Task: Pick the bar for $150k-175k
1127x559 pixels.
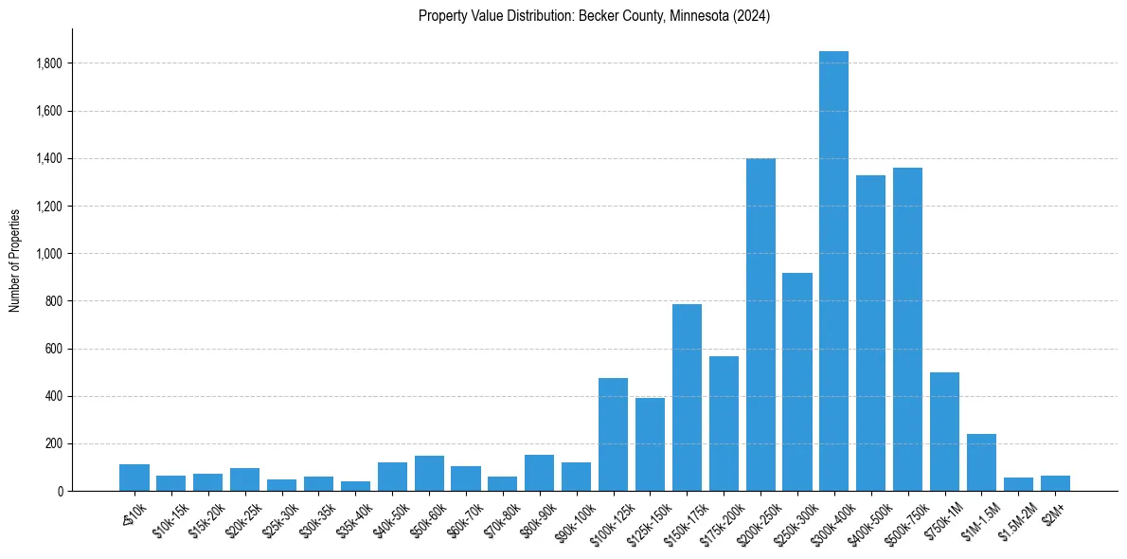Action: [687, 398]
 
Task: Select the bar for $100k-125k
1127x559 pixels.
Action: [613, 435]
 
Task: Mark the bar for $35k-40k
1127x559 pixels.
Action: [355, 486]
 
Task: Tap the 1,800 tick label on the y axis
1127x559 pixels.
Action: [49, 63]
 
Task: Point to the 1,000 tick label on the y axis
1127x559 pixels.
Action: [49, 254]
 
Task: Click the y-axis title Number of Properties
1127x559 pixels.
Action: [14, 261]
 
